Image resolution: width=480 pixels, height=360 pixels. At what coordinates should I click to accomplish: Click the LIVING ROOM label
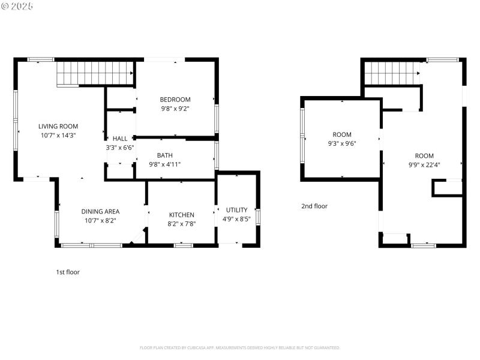coord(58,126)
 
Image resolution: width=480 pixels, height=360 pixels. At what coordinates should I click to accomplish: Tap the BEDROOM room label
coord(175,100)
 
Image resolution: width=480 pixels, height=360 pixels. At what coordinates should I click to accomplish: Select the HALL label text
coord(120,139)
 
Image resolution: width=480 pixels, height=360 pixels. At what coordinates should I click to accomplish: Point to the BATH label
coord(165,155)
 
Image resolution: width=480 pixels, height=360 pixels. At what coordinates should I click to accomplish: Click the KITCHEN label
coord(181,215)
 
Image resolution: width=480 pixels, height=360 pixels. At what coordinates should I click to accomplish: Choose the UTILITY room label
coord(236,210)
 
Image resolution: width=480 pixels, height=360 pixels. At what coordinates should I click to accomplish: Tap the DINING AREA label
coord(100,211)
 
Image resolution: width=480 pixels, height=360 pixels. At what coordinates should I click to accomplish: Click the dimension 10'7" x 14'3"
coord(58,136)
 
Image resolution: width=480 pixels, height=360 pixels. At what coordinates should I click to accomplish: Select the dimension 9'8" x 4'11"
coord(165,164)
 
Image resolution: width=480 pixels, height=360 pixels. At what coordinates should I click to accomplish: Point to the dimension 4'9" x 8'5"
coord(236,219)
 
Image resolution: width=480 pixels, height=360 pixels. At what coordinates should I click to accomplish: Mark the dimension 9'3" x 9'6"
coord(342,144)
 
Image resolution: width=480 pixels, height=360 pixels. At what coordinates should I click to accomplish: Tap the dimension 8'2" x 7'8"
coord(181,224)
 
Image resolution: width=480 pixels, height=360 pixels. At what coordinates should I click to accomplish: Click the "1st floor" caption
coord(68,272)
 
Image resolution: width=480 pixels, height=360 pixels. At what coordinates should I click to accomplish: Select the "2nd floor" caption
coord(314,206)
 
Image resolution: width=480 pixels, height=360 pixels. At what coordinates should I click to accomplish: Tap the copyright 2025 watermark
coord(17,5)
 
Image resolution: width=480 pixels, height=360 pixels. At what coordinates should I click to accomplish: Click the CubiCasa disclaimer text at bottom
coord(240,347)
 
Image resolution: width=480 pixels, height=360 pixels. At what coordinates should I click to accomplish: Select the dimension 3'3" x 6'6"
coord(120,148)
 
